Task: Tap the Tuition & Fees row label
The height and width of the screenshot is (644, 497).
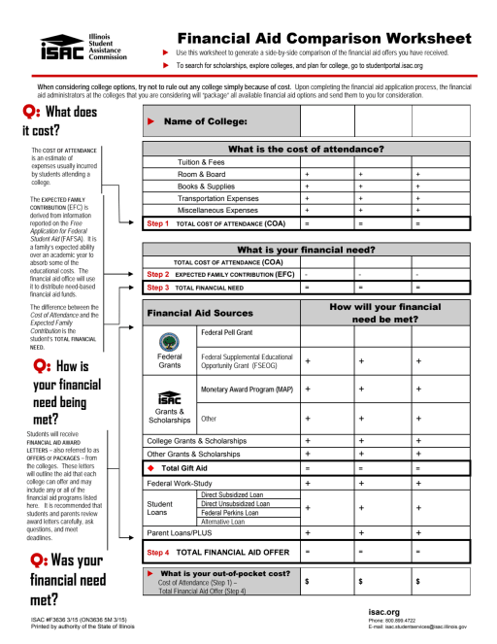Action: click(201, 161)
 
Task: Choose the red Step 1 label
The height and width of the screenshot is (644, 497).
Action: click(157, 222)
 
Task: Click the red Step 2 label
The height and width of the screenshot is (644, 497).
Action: click(157, 274)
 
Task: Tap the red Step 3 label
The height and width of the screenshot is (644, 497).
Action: click(157, 288)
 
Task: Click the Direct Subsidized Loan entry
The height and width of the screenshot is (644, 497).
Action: click(234, 494)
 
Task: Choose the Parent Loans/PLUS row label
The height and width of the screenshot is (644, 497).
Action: click(181, 532)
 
